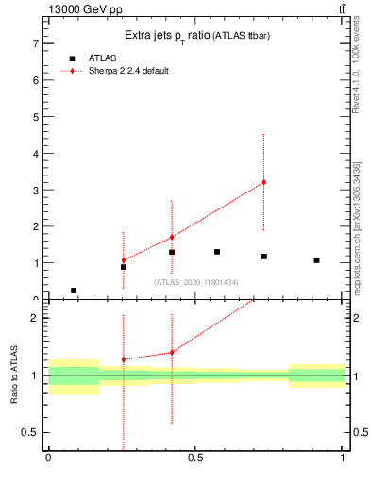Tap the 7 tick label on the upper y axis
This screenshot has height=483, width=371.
tap(35, 43)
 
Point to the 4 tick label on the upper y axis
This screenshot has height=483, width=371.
tap(35, 154)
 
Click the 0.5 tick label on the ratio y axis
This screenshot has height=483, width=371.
tap(30, 433)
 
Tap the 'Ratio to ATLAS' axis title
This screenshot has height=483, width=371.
tap(14, 375)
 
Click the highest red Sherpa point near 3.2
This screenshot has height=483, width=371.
tap(264, 182)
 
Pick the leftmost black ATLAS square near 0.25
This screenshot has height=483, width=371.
tap(74, 291)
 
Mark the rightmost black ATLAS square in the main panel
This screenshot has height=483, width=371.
tap(316, 260)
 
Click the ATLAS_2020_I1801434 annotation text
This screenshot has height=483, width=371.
tap(195, 282)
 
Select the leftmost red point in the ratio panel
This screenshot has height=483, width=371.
tap(124, 359)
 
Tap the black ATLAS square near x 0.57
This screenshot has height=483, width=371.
tap(217, 252)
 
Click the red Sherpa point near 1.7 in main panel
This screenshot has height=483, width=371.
tap(172, 237)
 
